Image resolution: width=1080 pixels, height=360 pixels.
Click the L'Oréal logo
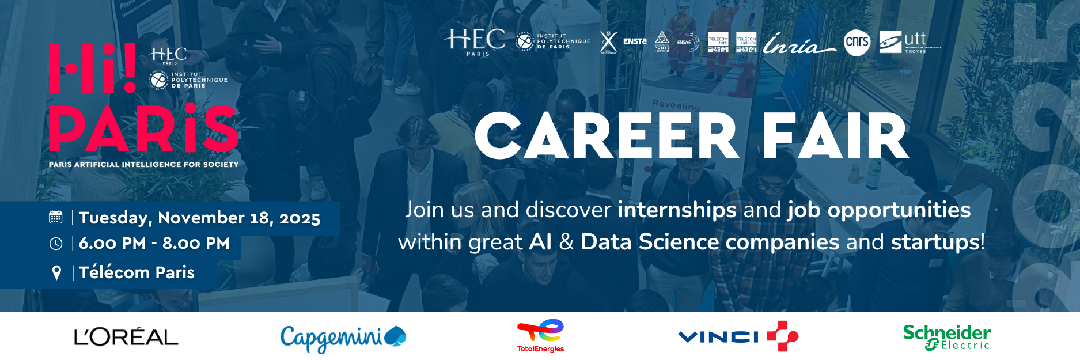pyautogui.click(x=126, y=337)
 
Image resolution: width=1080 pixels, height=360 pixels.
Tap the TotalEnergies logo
pyautogui.click(x=540, y=336)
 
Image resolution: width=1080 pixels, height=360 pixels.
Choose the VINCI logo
pyautogui.click(x=738, y=336)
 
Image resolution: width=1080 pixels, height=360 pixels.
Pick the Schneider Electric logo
pyautogui.click(x=946, y=338)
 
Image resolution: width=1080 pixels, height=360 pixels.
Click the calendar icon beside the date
pyautogui.click(x=56, y=217)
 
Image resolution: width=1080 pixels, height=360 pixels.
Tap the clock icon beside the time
pyautogui.click(x=56, y=244)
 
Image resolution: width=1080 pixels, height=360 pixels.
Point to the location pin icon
pyautogui.click(x=56, y=272)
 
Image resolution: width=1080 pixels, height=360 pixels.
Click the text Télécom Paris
pyautogui.click(x=137, y=272)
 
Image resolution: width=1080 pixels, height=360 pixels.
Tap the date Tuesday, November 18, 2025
pyautogui.click(x=199, y=218)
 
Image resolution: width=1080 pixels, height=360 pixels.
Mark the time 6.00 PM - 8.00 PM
pyautogui.click(x=154, y=243)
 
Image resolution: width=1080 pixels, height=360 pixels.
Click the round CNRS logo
pyautogui.click(x=857, y=42)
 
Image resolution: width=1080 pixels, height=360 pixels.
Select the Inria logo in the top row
pyautogui.click(x=798, y=43)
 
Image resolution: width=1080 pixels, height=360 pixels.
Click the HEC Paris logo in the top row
pyautogui.click(x=475, y=42)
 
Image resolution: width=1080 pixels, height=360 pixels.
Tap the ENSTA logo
pyautogui.click(x=635, y=41)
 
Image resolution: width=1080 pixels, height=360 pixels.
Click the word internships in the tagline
pyautogui.click(x=677, y=210)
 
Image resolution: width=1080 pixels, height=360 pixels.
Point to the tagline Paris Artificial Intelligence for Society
pyautogui.click(x=143, y=165)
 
